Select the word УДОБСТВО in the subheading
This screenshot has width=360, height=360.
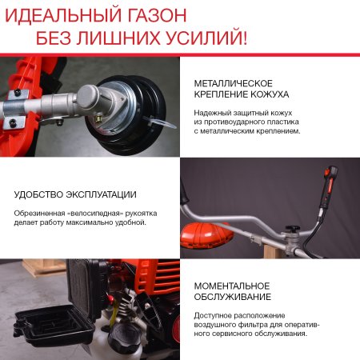point(38,194)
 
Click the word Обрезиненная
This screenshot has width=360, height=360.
point(39,212)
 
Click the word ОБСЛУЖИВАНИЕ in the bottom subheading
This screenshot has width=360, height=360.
point(230,298)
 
